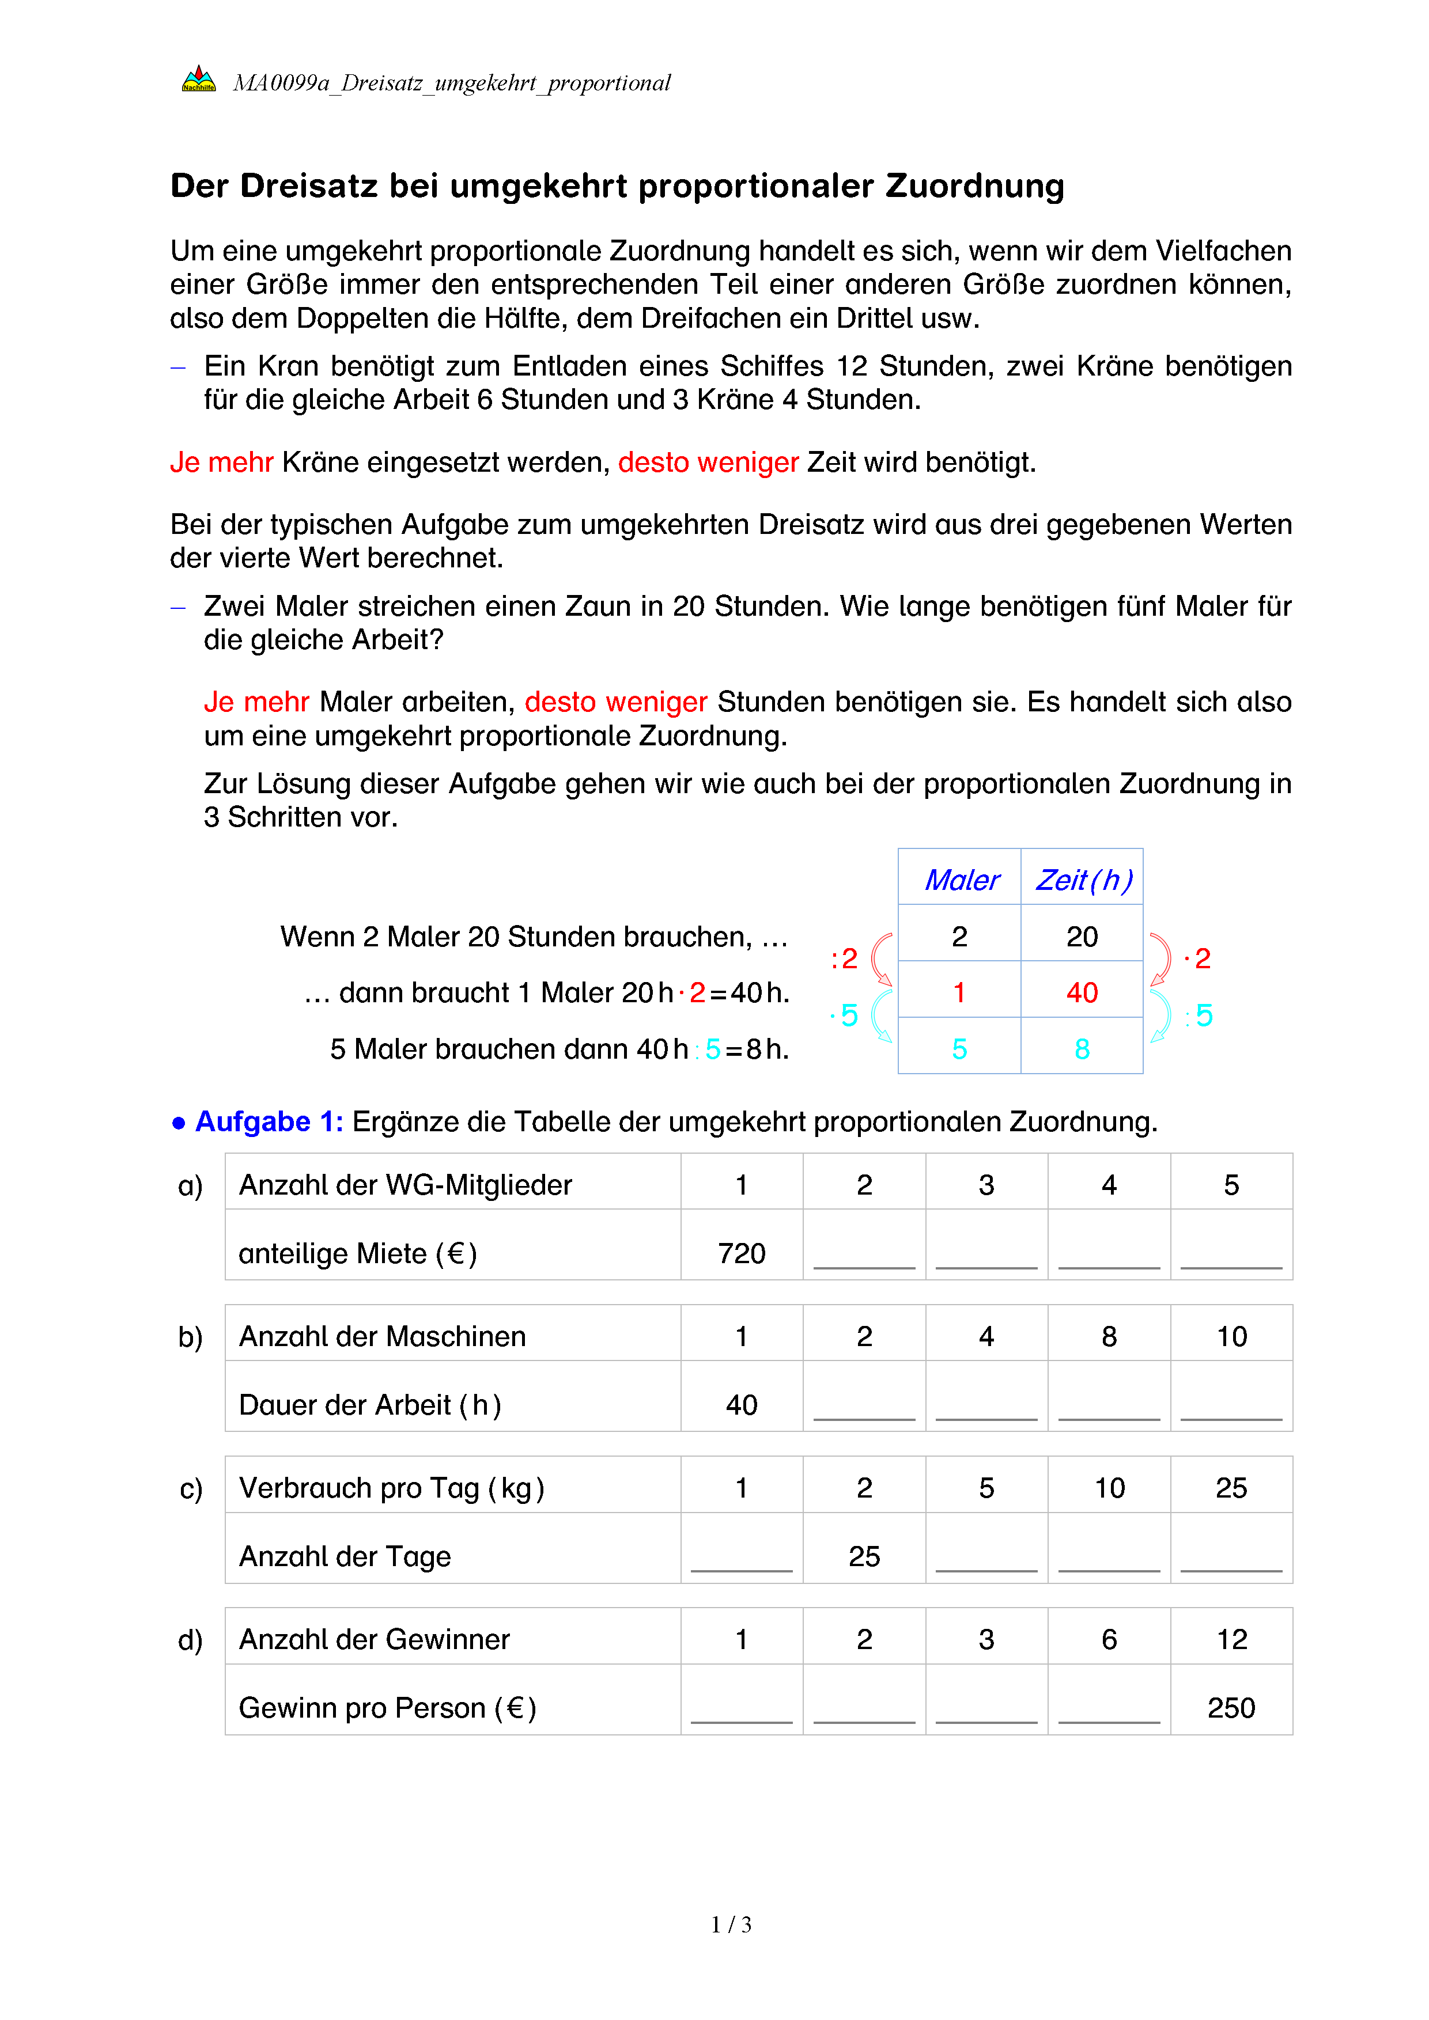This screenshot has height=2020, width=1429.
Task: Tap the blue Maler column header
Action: [x=961, y=880]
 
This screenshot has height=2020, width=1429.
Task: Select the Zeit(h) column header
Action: [x=1082, y=880]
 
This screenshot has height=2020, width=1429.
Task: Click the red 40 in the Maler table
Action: [x=1082, y=992]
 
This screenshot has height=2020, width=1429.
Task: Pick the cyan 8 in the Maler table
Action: [x=1082, y=1049]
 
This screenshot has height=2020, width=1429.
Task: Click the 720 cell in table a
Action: [x=741, y=1253]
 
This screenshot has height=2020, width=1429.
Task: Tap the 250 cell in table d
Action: [x=1230, y=1708]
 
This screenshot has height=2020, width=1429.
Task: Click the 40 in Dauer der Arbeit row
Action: [x=741, y=1405]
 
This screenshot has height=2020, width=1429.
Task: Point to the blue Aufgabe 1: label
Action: [x=269, y=1121]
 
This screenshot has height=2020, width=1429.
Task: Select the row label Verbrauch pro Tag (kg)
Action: [x=392, y=1488]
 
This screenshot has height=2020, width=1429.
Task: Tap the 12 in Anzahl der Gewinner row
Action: [x=1231, y=1639]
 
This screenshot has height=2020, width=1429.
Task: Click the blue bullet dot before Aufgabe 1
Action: [x=179, y=1123]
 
